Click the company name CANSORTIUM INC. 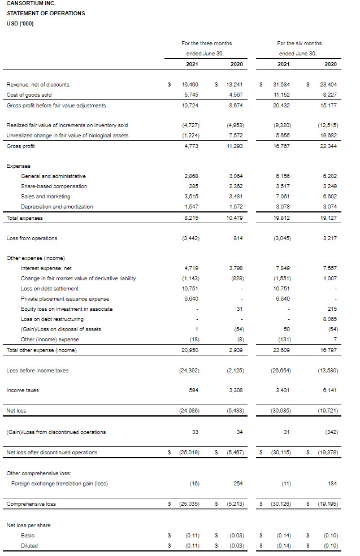click(x=31, y=3)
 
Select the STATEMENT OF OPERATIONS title click(x=46, y=14)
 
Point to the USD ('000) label click(x=20, y=23)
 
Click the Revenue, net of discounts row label click(x=38, y=85)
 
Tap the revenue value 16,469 click(x=190, y=85)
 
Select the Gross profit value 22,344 click(x=327, y=146)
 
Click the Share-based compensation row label click(x=54, y=186)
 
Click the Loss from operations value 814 click(x=238, y=238)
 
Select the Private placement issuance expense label click(x=65, y=299)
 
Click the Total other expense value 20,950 click(x=190, y=350)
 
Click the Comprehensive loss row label click(x=31, y=503)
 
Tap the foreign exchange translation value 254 click(x=238, y=483)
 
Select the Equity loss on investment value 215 click(x=332, y=309)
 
